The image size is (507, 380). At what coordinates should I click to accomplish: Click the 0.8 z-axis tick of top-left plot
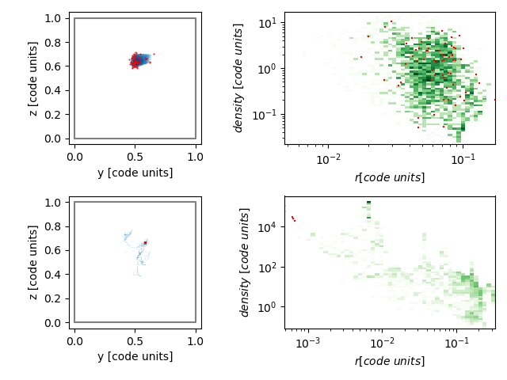tap(52, 43)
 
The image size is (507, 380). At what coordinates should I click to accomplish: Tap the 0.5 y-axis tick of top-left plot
tap(135, 157)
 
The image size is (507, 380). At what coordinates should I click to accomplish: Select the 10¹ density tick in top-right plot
tap(268, 23)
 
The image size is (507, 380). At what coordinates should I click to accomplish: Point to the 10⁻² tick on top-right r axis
tap(329, 159)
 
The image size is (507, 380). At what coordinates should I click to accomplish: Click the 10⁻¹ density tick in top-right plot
tap(265, 115)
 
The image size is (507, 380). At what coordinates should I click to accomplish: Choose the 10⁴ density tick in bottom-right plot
tap(268, 227)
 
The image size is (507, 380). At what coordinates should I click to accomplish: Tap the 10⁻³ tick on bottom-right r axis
tap(308, 343)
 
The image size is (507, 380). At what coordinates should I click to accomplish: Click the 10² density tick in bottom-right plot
tap(268, 268)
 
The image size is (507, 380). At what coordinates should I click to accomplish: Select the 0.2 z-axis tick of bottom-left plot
tap(52, 299)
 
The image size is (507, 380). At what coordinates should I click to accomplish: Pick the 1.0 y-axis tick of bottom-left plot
tap(196, 341)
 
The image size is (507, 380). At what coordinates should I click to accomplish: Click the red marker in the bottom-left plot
tap(146, 243)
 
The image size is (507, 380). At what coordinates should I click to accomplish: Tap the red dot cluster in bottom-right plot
tap(293, 218)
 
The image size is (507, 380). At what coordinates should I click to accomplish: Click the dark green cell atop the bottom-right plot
tap(368, 203)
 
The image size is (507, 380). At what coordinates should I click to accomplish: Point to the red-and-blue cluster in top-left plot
tap(141, 59)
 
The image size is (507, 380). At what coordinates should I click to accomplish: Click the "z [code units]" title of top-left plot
tap(33, 78)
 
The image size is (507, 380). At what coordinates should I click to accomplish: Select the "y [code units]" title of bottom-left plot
tap(135, 356)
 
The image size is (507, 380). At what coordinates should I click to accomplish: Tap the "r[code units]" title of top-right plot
tap(390, 177)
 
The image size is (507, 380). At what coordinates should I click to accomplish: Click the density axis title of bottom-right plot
tap(245, 262)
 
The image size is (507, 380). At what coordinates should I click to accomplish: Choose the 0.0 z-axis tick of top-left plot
tap(52, 139)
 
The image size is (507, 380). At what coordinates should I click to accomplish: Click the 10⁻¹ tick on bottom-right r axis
tap(456, 343)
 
